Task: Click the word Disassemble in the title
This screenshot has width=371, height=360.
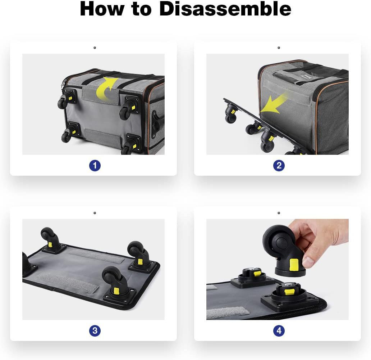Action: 225,9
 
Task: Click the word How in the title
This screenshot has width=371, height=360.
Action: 102,9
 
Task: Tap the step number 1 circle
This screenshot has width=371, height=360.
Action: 95,166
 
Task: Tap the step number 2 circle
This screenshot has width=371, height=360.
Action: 279,166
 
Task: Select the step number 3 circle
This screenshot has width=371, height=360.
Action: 95,330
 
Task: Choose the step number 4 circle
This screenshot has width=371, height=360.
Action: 279,330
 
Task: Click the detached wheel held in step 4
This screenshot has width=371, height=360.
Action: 283,251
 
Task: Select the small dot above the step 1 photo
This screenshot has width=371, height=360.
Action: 95,48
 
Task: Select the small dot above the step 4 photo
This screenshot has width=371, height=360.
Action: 279,213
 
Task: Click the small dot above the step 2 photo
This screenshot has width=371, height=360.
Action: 279,48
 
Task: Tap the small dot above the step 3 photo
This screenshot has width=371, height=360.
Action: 95,213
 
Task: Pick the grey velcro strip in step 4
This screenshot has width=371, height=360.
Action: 228,312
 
